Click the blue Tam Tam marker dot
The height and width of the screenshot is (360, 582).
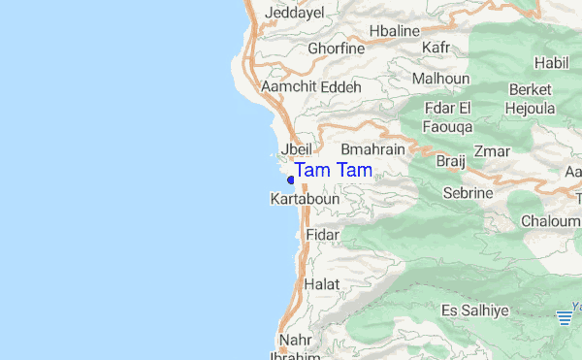pos(291,179)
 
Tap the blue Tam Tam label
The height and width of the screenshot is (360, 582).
pos(333,171)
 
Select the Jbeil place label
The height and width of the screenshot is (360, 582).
pos(295,150)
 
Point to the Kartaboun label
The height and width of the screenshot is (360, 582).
pos(304,199)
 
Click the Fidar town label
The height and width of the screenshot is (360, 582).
pos(322,235)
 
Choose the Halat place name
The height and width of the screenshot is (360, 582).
pos(322,284)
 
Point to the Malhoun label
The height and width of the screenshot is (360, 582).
pos(440,79)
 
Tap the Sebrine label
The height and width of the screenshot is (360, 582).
pos(468,193)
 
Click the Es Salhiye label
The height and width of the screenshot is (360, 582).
pos(474,311)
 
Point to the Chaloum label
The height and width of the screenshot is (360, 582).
pos(550,221)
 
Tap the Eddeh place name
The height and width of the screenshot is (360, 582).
pos(341,86)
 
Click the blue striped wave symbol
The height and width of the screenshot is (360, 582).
pos(565,315)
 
